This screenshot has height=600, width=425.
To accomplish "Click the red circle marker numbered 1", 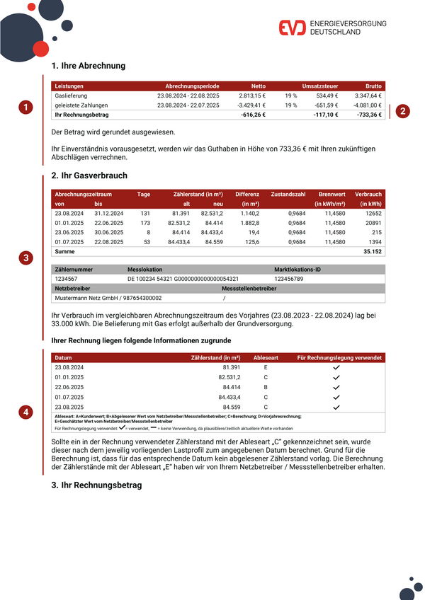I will pos(26,108).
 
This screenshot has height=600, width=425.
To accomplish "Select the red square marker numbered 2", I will pos(402,111).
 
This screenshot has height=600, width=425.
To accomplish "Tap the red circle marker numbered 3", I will pos(26,258).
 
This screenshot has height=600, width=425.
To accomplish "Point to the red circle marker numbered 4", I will pos(26,411).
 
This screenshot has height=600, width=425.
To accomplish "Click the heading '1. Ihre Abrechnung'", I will pos(89,66).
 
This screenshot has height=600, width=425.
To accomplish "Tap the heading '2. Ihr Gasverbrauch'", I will pos(90,175).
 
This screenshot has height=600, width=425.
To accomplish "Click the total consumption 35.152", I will pos(372,251).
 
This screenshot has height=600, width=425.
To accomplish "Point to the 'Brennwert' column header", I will pos(331,194).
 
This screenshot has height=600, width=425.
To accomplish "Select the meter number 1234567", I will pos(66,279).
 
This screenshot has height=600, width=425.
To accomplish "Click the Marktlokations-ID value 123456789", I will pos(293,279).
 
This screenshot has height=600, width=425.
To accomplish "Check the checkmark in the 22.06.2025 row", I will pos(336,388).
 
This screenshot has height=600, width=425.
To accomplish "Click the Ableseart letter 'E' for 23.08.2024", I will pos(266,368).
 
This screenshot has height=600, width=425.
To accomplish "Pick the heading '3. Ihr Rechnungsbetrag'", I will pos(97,485).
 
